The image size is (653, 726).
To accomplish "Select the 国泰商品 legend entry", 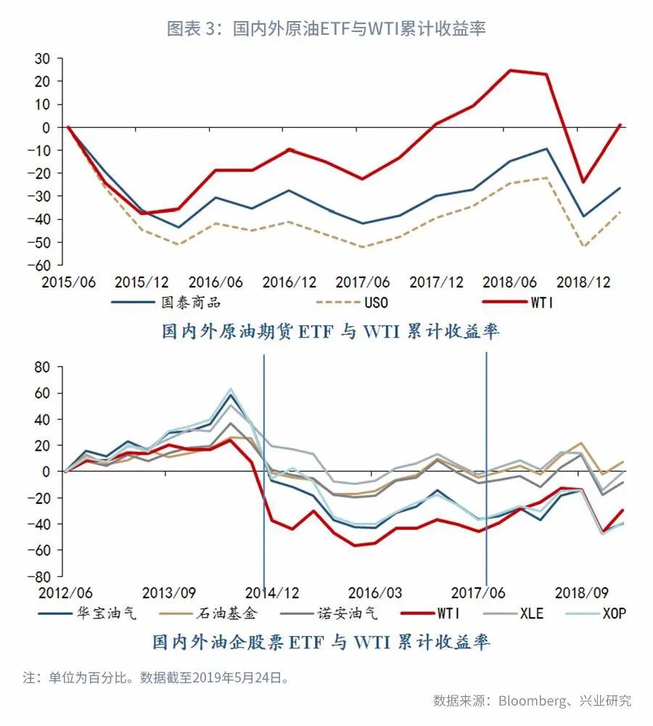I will coord(190,303).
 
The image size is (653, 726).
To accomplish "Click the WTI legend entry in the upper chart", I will coord(541,303).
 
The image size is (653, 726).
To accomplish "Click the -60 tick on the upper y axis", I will coord(44,265).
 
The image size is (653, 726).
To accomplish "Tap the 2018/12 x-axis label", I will coord(584,282).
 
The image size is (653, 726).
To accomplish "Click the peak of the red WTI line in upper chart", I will coord(511,70).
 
